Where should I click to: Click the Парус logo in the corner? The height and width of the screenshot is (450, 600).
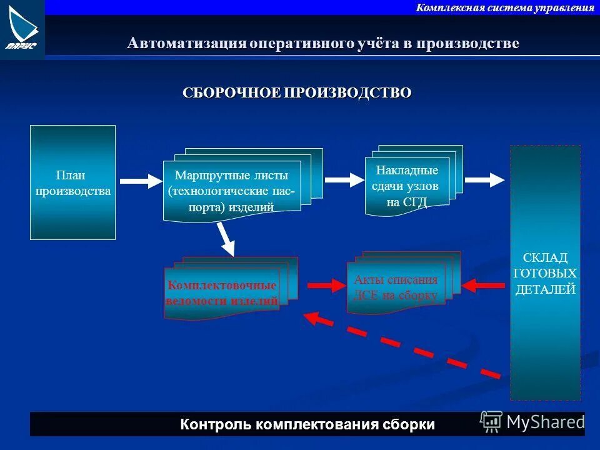22,29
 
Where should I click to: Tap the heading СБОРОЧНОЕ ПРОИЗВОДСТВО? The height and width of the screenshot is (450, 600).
297,93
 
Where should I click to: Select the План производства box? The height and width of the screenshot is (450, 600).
72,182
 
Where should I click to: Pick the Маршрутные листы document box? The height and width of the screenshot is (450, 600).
232,191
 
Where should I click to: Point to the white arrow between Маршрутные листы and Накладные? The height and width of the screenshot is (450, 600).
344,180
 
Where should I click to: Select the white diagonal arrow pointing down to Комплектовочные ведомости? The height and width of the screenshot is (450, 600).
226,239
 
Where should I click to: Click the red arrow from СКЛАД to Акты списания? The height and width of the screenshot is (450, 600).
482,286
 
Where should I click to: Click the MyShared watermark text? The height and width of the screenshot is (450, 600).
545,422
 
